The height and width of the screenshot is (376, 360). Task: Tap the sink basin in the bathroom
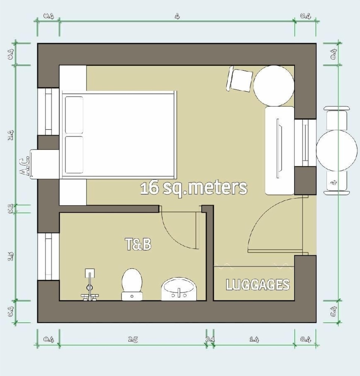[x=179, y=290]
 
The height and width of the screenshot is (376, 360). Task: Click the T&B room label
[x=138, y=244]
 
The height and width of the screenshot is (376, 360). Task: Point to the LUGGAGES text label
[x=257, y=285]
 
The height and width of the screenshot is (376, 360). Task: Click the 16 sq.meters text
[x=194, y=188]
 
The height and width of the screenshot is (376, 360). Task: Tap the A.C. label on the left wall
[x=25, y=167]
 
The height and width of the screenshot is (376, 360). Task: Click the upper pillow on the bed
[x=74, y=115]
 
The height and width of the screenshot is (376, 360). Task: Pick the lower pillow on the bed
[x=74, y=155]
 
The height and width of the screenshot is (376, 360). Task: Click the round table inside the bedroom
[x=274, y=85]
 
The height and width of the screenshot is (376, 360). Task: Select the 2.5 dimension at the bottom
[x=133, y=340]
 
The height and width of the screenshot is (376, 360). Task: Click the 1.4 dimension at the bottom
[x=254, y=340]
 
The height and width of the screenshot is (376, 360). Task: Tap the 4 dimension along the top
[x=177, y=16]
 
